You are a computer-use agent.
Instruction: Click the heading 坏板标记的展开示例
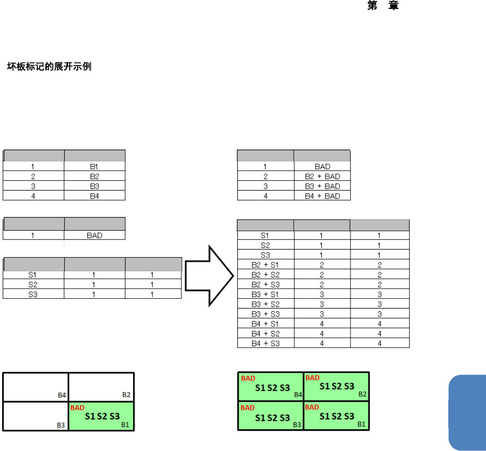coord(49,67)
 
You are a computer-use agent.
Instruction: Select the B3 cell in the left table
coord(94,186)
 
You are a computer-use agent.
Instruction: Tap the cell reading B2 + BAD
coord(322,176)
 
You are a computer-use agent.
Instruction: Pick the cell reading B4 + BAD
coord(322,196)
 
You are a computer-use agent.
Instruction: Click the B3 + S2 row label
coord(265,304)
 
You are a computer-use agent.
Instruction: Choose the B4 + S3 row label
coord(265,343)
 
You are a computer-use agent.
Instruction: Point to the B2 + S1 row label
coord(265,265)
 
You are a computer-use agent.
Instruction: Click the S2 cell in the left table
coord(34,284)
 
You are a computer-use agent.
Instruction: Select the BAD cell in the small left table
coord(94,235)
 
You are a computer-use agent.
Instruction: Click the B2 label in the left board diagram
coord(126,395)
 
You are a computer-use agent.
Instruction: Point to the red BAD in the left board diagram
coord(77,408)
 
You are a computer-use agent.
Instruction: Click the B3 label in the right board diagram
coord(297,425)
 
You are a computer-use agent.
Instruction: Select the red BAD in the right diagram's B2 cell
coord(312,378)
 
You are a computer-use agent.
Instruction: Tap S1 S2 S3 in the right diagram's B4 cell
coord(273,388)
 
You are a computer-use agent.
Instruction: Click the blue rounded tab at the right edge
coord(467,413)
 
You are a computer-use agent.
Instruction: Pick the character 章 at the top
coord(394,6)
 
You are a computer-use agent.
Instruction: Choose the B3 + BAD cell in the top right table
coord(322,186)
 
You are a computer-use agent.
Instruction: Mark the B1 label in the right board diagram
coord(361,424)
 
